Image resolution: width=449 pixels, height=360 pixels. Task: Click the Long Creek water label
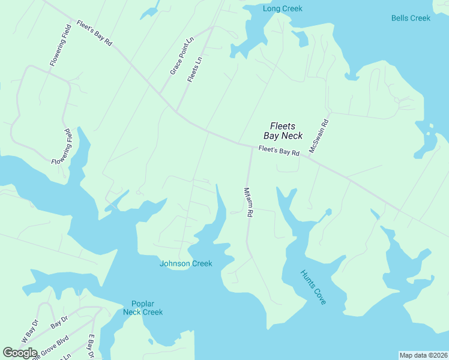(282, 8)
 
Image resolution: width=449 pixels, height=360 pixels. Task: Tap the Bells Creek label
(411, 18)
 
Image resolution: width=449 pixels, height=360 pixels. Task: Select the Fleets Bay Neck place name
(286, 131)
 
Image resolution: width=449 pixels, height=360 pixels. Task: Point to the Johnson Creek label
(185, 263)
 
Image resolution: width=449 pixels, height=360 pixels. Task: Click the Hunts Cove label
(313, 287)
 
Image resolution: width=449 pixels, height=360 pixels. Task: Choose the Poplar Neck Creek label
(143, 308)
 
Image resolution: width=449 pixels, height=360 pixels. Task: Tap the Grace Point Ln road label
(182, 56)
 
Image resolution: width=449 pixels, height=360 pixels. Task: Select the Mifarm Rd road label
(247, 204)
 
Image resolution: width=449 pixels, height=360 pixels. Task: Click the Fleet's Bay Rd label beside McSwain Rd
(279, 151)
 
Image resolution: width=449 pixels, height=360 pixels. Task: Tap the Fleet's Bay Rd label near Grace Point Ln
(94, 33)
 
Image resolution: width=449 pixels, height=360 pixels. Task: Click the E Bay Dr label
(92, 347)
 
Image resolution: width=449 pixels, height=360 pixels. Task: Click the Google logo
(20, 353)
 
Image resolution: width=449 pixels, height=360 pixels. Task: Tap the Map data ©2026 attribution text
(423, 355)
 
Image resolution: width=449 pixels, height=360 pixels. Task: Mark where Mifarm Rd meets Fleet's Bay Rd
(252, 146)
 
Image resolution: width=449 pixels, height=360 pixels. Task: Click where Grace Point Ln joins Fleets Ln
(213, 27)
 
